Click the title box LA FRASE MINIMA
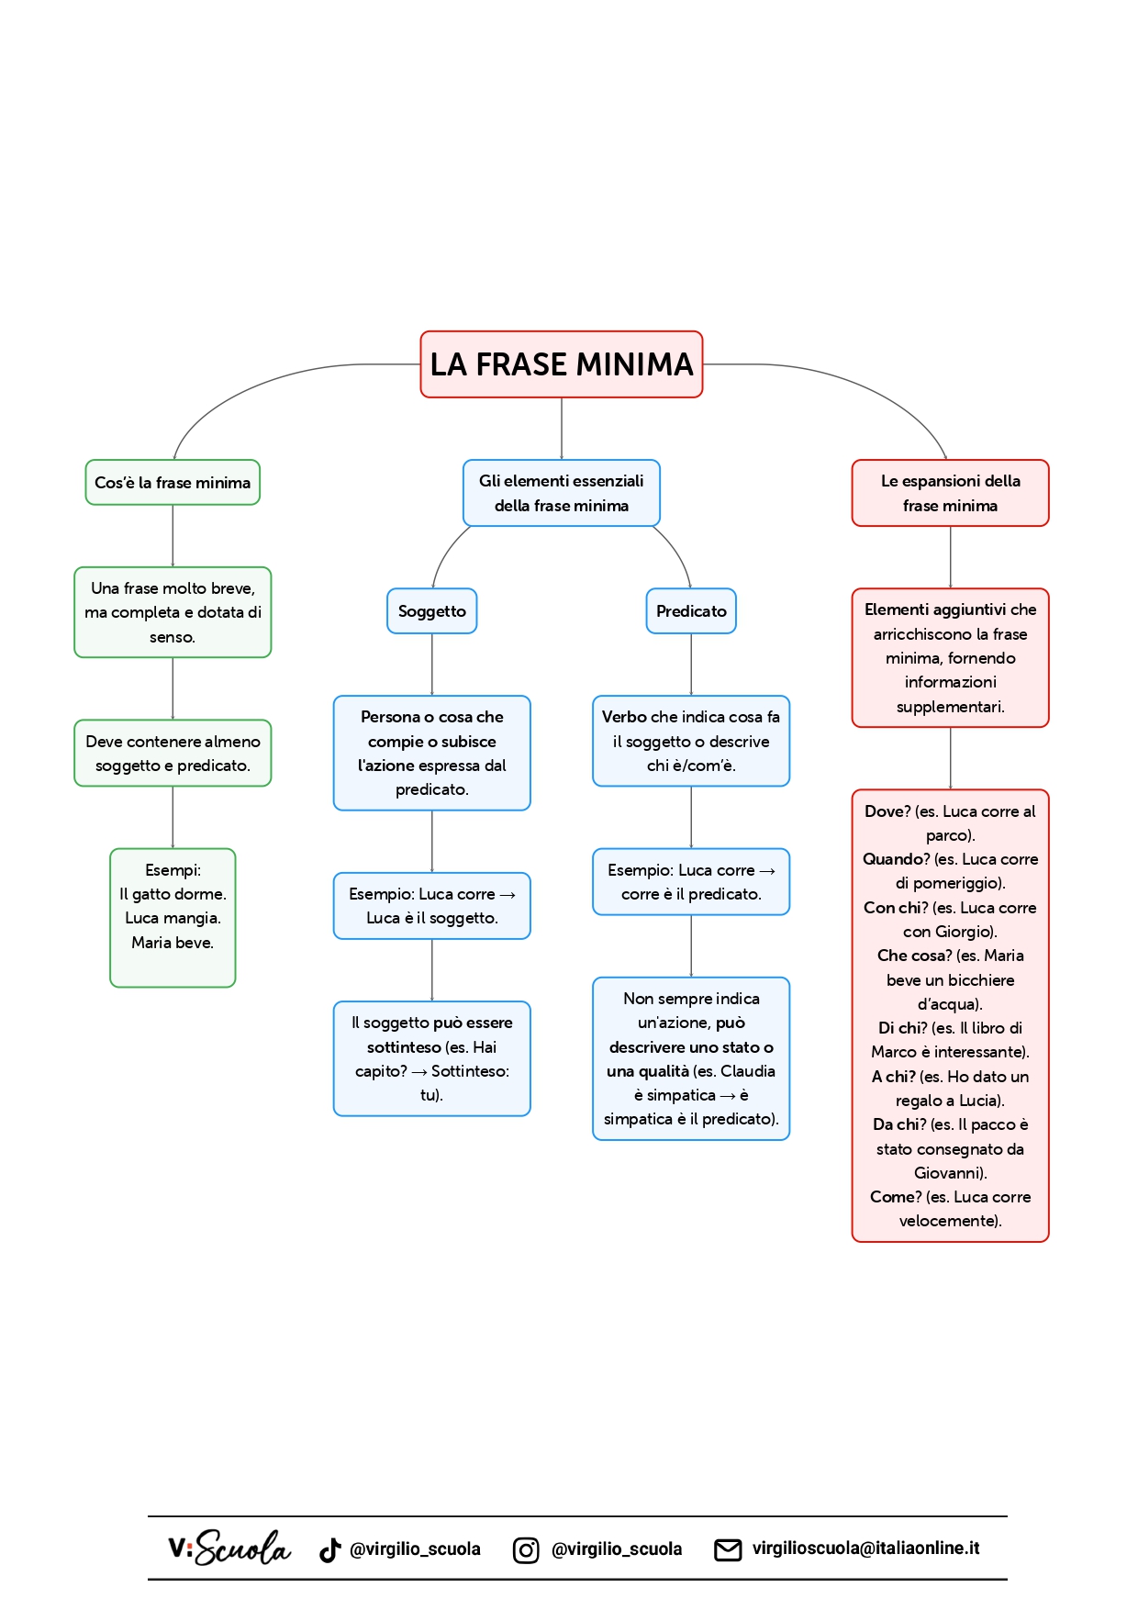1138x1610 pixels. pyautogui.click(x=561, y=364)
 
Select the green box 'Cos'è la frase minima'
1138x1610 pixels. pyautogui.click(x=173, y=483)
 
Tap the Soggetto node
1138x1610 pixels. pyautogui.click(x=431, y=611)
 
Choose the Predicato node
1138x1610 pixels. pyautogui.click(x=691, y=611)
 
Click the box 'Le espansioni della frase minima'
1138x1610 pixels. pyautogui.click(x=950, y=493)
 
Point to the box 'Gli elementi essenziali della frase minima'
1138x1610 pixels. pyautogui.click(x=561, y=493)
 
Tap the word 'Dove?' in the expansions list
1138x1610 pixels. pyautogui.click(x=887, y=811)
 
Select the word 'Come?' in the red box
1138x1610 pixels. pyautogui.click(x=896, y=1197)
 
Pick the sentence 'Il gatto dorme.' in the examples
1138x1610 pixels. pyautogui.click(x=173, y=894)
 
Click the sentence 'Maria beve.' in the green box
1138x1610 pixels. pyautogui.click(x=173, y=943)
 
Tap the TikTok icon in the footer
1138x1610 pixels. pyautogui.click(x=330, y=1549)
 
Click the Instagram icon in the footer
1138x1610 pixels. pyautogui.click(x=526, y=1549)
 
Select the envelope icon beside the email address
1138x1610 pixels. pyautogui.click(x=728, y=1549)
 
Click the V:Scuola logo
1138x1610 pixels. pyautogui.click(x=229, y=1549)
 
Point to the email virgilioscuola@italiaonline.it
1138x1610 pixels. pyautogui.click(x=865, y=1549)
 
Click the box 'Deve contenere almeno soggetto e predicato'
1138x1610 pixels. pyautogui.click(x=173, y=754)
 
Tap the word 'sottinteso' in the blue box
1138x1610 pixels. pyautogui.click(x=404, y=1047)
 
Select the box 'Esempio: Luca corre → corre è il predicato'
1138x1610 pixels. pyautogui.click(x=691, y=882)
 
